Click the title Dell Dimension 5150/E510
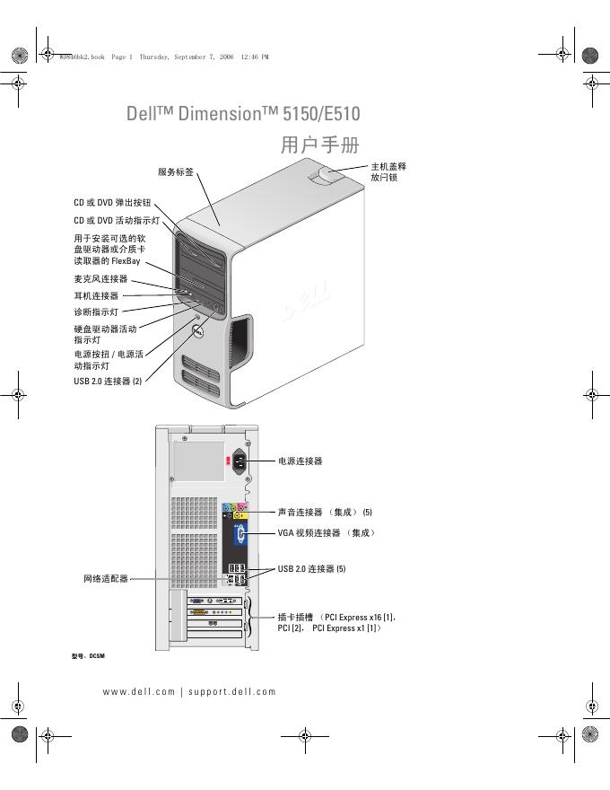point(243,114)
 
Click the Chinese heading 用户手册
point(319,145)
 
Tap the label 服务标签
point(175,171)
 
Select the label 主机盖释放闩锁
point(388,172)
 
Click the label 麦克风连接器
point(100,279)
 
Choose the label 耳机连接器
point(96,295)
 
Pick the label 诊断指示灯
point(96,312)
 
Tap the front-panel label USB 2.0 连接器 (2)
point(108,381)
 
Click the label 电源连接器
point(300,461)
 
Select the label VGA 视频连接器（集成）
point(327,532)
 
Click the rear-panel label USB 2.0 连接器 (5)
point(311,568)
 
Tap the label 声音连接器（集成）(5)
point(324,512)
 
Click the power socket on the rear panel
point(240,461)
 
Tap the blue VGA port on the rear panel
point(240,535)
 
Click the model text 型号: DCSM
point(88,656)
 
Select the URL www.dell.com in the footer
point(139,691)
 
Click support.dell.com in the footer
point(232,691)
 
